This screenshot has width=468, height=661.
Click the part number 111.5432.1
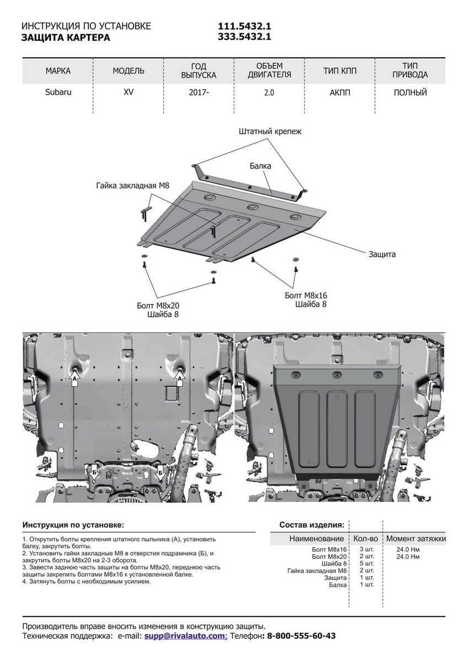(245, 26)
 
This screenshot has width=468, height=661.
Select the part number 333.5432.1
(245, 37)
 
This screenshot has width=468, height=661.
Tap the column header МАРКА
(58, 71)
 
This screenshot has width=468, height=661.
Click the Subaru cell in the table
(58, 93)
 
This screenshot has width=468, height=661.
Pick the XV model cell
(128, 93)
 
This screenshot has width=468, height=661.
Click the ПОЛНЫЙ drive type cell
(410, 93)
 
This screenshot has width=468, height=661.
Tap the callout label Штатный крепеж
(270, 132)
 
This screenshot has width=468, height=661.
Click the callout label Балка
(260, 165)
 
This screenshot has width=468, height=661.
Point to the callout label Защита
(382, 254)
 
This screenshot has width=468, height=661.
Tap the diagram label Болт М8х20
(158, 305)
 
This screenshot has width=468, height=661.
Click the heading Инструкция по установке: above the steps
(73, 524)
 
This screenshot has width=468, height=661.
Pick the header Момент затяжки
(416, 538)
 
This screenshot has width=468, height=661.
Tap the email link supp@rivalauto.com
(185, 636)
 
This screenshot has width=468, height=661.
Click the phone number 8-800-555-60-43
(300, 636)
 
